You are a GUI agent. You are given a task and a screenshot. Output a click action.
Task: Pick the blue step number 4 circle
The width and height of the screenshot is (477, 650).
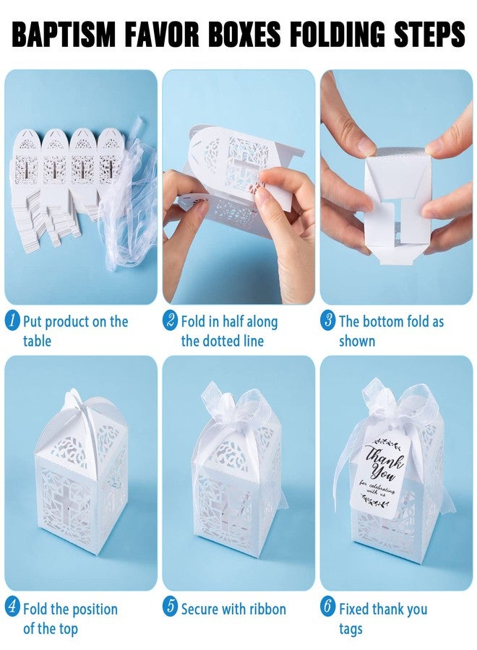tap(13, 609)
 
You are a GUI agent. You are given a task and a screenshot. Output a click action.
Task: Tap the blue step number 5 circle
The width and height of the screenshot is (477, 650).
tap(171, 609)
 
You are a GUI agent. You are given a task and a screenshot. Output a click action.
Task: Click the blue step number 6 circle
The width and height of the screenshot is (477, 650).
tap(328, 609)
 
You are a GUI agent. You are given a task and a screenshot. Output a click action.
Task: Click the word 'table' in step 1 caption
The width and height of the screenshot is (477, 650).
tap(37, 341)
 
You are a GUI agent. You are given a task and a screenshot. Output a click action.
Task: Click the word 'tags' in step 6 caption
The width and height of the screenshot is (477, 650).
tap(351, 628)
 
